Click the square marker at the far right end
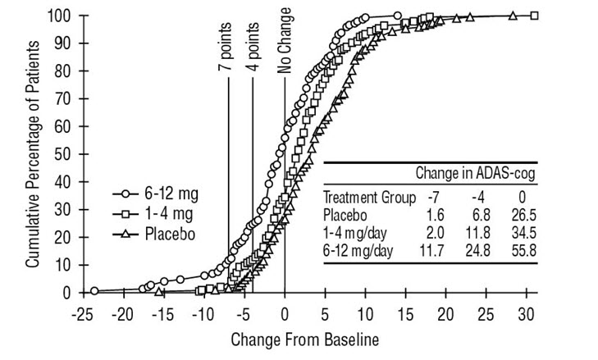pos(534,15)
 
